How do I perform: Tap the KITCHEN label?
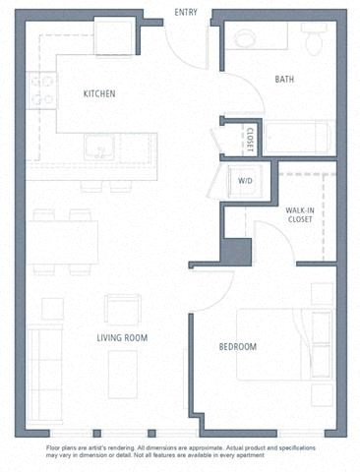click(99, 94)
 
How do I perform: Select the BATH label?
click(285, 80)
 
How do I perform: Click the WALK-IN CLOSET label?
click(299, 214)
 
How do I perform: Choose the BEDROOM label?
click(237, 347)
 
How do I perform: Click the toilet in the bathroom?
click(314, 39)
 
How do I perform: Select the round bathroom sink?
click(244, 37)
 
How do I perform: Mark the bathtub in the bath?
click(301, 137)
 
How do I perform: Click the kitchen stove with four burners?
click(42, 91)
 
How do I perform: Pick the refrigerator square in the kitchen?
click(113, 37)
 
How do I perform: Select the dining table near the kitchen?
click(62, 241)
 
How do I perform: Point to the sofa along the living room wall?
click(42, 363)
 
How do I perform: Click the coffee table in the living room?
click(123, 375)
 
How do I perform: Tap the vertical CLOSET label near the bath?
click(251, 139)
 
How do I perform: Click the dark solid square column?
click(237, 252)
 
